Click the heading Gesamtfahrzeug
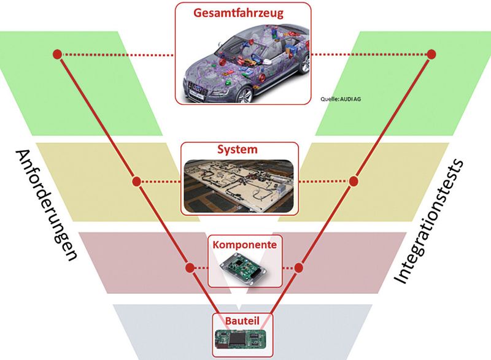tap(242, 12)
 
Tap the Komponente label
tap(245, 243)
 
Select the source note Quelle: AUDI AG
tap(341, 98)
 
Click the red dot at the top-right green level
tap(431, 54)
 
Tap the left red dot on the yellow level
tap(137, 182)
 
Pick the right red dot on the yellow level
tap(353, 182)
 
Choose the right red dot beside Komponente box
tap(300, 267)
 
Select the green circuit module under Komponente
tap(245, 267)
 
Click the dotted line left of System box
tap(160, 182)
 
